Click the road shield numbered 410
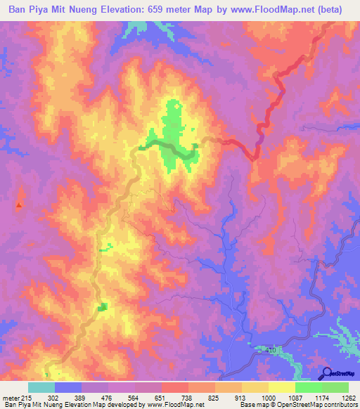click(272, 349)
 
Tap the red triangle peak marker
click(19, 205)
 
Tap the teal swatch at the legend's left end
click(41, 388)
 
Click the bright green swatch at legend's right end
click(335, 388)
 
